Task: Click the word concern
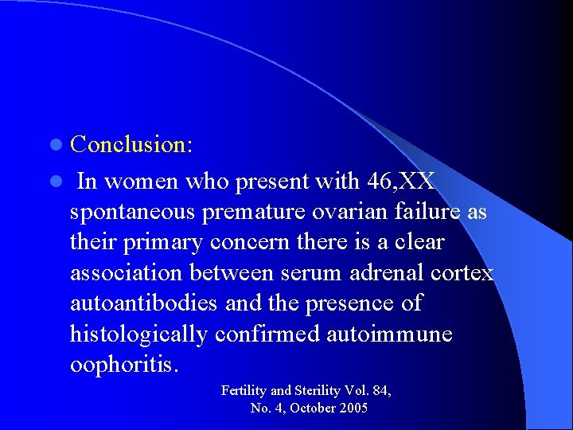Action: pyautogui.click(x=254, y=243)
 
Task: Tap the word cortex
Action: pyautogui.click(x=461, y=273)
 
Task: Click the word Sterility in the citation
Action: pyautogui.click(x=318, y=391)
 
